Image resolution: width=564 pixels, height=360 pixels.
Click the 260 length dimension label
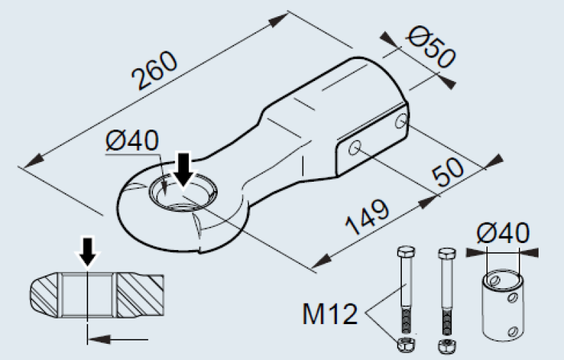click(x=154, y=70)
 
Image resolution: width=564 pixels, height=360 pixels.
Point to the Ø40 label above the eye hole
click(x=133, y=140)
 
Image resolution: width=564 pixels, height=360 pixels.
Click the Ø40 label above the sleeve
click(x=503, y=232)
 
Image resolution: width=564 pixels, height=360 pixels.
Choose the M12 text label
click(x=330, y=314)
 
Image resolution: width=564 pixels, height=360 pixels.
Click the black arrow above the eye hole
click(x=184, y=170)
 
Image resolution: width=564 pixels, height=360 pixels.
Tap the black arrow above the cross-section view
click(x=87, y=252)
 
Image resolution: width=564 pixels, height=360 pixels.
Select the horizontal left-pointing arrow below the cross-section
click(x=118, y=339)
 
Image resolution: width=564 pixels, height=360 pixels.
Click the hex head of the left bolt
click(x=406, y=251)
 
